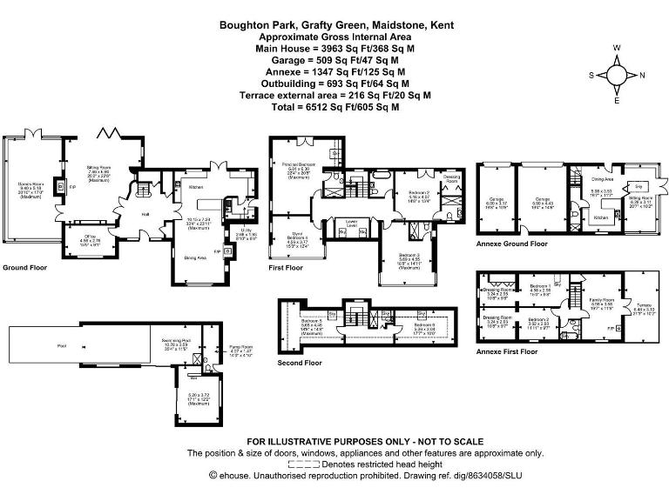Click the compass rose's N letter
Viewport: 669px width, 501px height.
(x=642, y=75)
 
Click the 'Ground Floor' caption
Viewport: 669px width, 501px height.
(x=24, y=268)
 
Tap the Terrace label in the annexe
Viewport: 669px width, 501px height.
(x=644, y=304)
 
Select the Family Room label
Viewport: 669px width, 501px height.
(x=603, y=300)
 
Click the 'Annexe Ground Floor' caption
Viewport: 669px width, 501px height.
(x=512, y=244)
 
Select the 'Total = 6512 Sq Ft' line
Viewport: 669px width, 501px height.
(x=335, y=106)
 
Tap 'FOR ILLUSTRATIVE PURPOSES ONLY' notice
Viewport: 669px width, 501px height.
(x=335, y=442)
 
